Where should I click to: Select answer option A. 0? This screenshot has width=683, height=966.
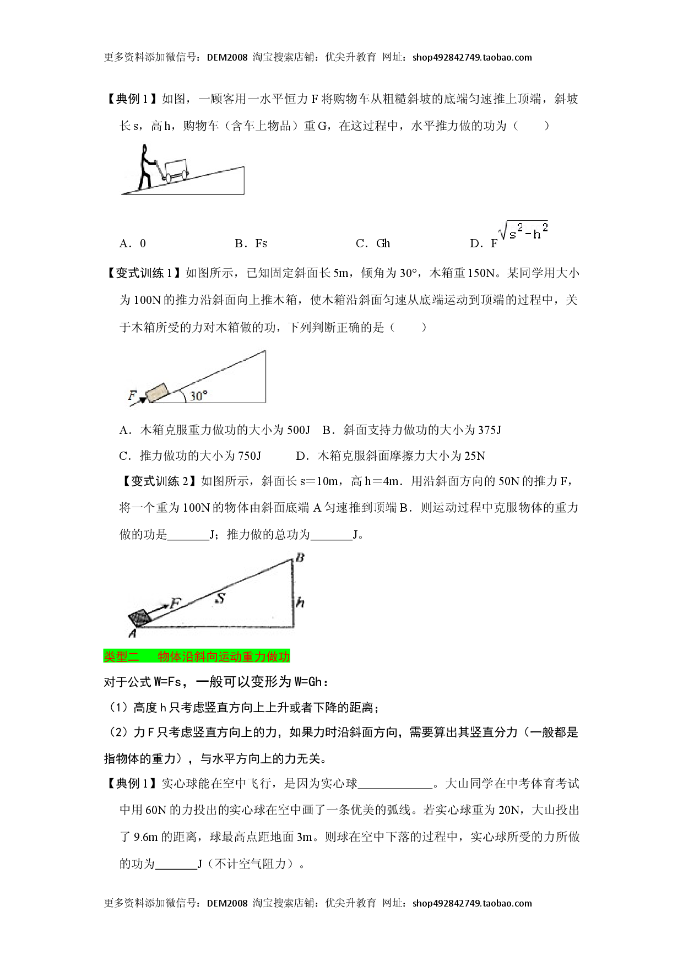(133, 243)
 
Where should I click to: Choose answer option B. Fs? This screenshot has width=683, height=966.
(251, 243)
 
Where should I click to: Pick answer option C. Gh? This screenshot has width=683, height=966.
(373, 243)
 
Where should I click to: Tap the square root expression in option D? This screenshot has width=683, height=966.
(523, 231)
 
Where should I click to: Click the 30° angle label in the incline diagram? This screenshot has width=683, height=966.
(198, 395)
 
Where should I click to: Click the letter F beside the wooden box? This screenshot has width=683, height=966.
(132, 395)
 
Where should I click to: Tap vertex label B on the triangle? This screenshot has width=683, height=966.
(300, 558)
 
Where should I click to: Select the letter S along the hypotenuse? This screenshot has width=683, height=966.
(220, 598)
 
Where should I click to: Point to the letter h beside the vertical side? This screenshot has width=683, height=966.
(300, 602)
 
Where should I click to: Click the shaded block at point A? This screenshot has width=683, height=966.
(140, 618)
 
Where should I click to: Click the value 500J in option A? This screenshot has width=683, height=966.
(299, 430)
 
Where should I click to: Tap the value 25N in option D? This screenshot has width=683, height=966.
(475, 456)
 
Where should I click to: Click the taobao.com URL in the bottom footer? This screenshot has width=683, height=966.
(472, 903)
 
